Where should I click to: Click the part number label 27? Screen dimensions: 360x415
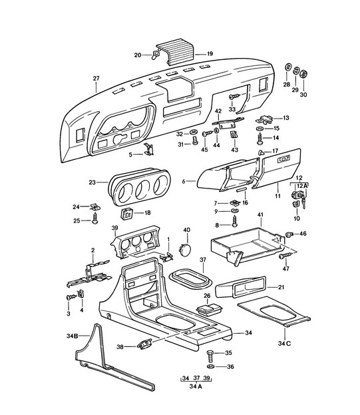pyautogui.click(x=96, y=79)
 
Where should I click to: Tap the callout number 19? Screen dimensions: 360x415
pyautogui.click(x=210, y=54)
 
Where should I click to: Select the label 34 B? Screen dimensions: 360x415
pyautogui.click(x=72, y=336)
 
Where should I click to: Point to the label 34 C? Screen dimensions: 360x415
pyautogui.click(x=284, y=344)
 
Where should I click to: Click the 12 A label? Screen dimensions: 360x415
pyautogui.click(x=302, y=186)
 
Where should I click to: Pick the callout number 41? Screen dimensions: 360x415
pyautogui.click(x=260, y=215)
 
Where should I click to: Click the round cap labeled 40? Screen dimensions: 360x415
pyautogui.click(x=185, y=250)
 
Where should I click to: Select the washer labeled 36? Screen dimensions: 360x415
pyautogui.click(x=211, y=366)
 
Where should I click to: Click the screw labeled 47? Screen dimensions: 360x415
pyautogui.click(x=285, y=255)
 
